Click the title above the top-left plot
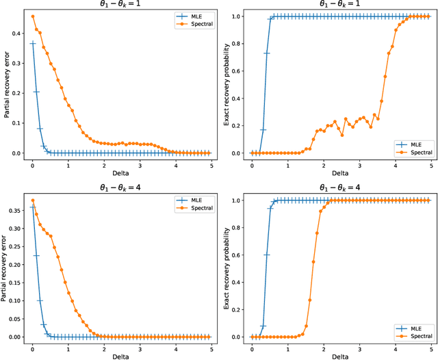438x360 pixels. tap(120, 5)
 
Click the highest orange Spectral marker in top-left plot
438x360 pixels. tap(33, 16)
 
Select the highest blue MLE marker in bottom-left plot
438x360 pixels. tap(33, 207)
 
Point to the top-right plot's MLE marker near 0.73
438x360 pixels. tap(267, 53)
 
